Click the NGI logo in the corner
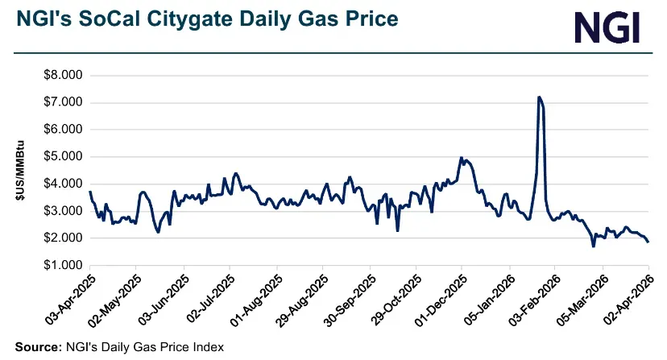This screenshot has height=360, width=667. pyautogui.click(x=607, y=27)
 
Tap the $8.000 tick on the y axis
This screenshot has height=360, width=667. pyautogui.click(x=62, y=75)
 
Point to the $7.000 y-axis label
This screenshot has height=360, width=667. pyautogui.click(x=62, y=102)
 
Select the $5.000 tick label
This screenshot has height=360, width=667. pyautogui.click(x=62, y=156)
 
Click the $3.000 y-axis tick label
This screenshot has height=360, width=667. pyautogui.click(x=62, y=211)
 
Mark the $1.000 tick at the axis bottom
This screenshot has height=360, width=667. pyautogui.click(x=62, y=265)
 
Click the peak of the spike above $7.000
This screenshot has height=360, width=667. pyautogui.click(x=538, y=97)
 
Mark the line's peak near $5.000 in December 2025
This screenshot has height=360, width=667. pyautogui.click(x=461, y=158)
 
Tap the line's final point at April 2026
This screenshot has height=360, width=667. pyautogui.click(x=648, y=242)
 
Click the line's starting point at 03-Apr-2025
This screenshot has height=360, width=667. pyautogui.click(x=89, y=192)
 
